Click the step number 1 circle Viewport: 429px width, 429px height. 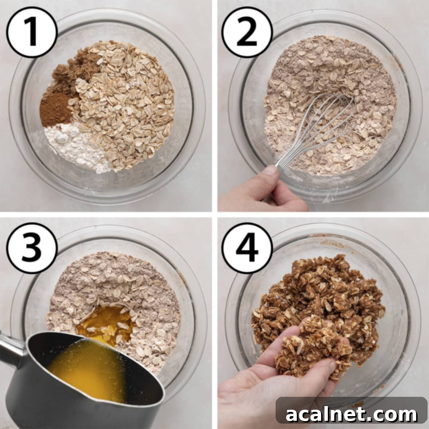point(32,33)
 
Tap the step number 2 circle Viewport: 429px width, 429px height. point(247,33)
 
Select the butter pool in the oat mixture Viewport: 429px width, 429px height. point(104,320)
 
